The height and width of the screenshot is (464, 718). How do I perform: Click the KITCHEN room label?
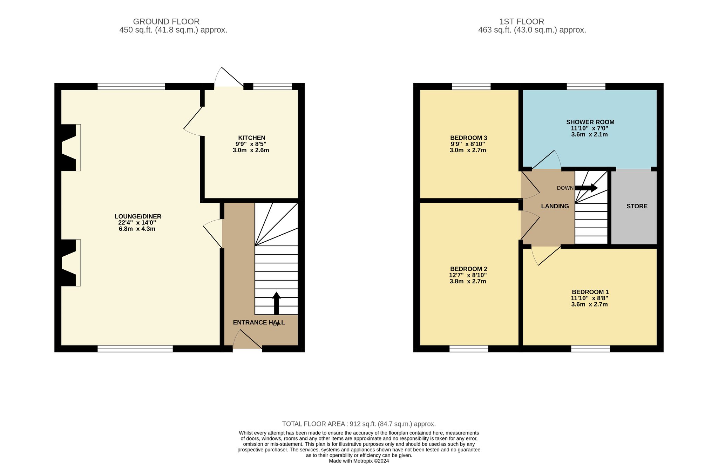[x=252, y=138]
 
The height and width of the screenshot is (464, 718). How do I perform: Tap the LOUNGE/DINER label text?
[x=138, y=216]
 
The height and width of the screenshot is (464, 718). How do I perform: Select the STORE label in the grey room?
[x=637, y=206]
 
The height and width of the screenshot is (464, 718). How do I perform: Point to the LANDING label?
[x=555, y=206]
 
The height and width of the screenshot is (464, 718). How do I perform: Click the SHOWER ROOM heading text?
[x=590, y=122]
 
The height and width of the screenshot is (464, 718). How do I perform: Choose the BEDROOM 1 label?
[x=590, y=292]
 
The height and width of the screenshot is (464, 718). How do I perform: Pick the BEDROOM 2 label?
[x=468, y=269]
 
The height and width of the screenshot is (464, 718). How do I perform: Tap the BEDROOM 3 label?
[x=469, y=138]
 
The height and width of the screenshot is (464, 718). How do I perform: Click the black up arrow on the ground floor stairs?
[x=276, y=303]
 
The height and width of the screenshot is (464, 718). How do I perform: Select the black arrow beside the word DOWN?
[x=586, y=188]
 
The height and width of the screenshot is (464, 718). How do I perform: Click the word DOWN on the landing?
[x=565, y=188]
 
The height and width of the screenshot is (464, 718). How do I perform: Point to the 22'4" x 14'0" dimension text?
[x=137, y=223]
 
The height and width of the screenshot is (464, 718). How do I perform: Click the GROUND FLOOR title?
[x=166, y=22]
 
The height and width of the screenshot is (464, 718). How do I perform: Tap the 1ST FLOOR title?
[x=522, y=22]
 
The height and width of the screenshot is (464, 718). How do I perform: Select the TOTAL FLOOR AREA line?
[x=359, y=424]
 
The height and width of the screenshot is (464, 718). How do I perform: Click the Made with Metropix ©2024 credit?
[x=359, y=461]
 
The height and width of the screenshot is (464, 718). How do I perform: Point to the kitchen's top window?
[x=272, y=87]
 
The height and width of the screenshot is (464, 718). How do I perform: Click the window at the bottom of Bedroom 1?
[x=590, y=349]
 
